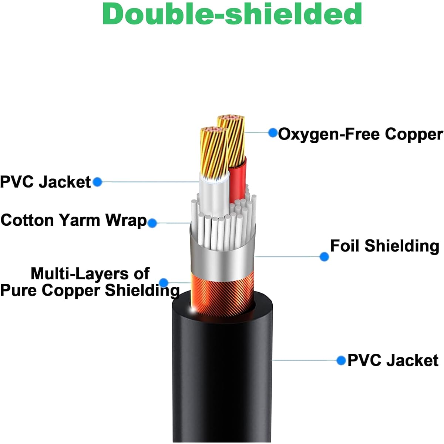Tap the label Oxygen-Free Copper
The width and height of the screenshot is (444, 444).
(x=360, y=134)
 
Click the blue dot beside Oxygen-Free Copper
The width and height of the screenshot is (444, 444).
(x=273, y=133)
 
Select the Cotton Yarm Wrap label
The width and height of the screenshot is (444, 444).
(x=74, y=221)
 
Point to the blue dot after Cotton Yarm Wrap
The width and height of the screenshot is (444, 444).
(x=152, y=223)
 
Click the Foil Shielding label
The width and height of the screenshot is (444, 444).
(x=385, y=246)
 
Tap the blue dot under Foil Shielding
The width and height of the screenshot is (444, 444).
(x=324, y=257)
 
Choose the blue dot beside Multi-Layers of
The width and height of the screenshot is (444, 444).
(x=164, y=283)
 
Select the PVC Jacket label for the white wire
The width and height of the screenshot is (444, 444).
(x=46, y=182)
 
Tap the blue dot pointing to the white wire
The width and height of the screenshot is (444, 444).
(x=97, y=182)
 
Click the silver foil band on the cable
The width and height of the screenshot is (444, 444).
(x=223, y=260)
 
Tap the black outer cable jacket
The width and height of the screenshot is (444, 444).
(x=222, y=373)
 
